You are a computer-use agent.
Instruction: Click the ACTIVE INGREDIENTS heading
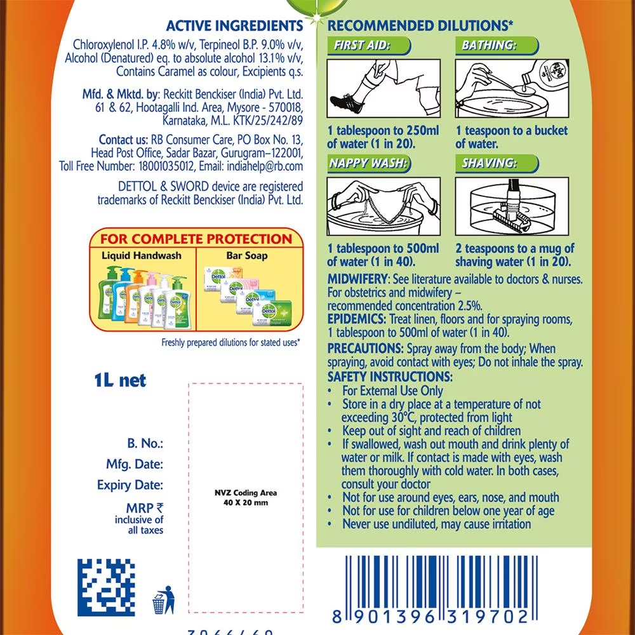coord(234,26)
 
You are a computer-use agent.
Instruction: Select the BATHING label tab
coord(490,46)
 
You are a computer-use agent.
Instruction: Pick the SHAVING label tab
coord(490,164)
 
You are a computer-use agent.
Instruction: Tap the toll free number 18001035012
coord(164,166)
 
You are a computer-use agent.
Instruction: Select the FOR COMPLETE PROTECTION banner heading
coord(197,239)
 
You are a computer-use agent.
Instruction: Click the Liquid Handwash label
coord(142,255)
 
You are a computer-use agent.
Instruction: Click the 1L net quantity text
coord(120,380)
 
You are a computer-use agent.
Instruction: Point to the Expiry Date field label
coord(130,485)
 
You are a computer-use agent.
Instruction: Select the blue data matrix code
coord(106,587)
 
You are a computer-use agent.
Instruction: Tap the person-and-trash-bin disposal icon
coord(164,599)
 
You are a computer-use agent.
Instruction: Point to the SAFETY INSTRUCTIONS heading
coord(391,377)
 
